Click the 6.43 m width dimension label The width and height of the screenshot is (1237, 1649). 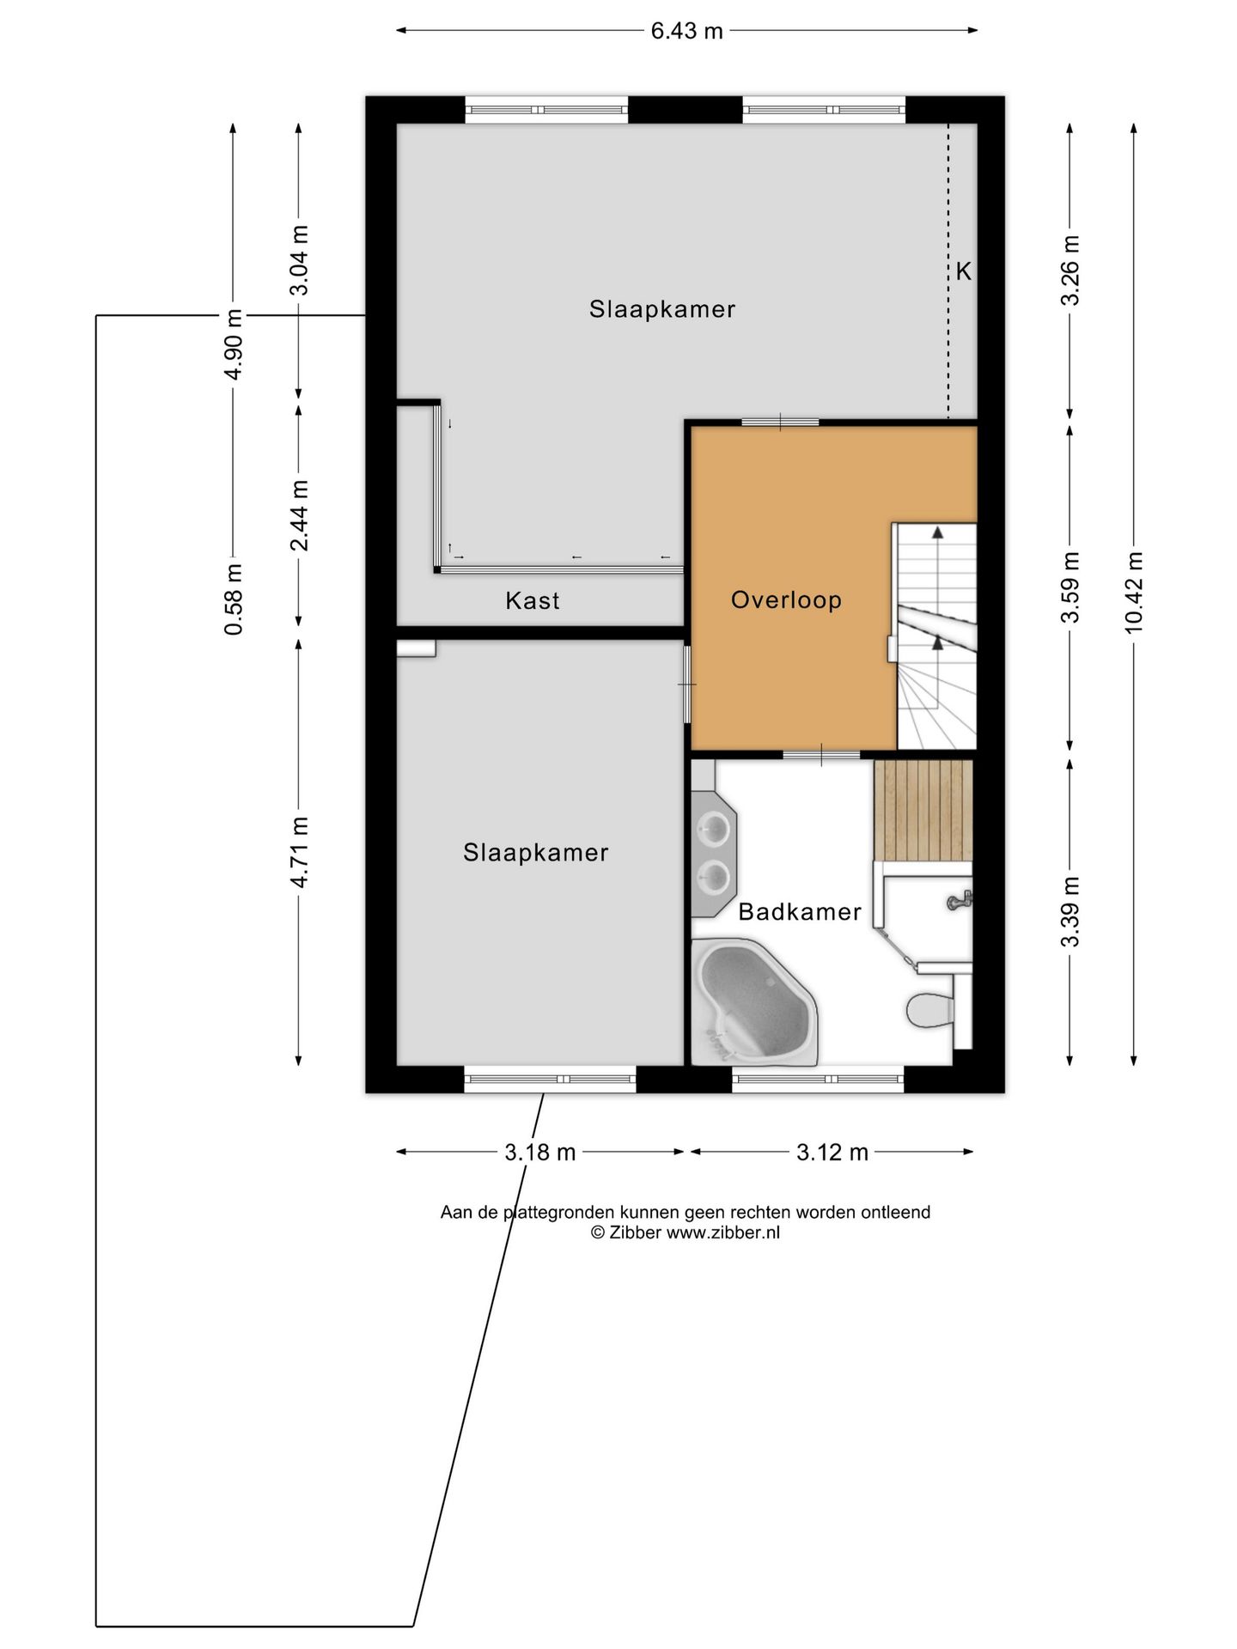click(686, 32)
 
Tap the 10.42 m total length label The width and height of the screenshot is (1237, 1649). click(1135, 592)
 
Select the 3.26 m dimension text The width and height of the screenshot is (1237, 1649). click(1070, 271)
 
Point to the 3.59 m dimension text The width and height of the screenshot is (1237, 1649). click(1070, 587)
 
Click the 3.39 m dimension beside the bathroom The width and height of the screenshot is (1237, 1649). click(1070, 911)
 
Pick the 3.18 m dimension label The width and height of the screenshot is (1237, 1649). click(540, 1153)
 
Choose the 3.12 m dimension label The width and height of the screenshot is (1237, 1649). click(832, 1153)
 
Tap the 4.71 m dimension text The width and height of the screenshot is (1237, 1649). click(299, 852)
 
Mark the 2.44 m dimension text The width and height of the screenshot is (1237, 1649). click(299, 515)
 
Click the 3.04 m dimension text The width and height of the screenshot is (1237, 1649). click(299, 260)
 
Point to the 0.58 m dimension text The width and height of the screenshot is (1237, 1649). click(234, 599)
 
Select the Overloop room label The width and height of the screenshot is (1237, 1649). click(786, 599)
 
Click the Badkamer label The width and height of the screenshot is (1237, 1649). click(800, 911)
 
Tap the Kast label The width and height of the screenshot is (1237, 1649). click(533, 600)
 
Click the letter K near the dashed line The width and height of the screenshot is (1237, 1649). click(964, 271)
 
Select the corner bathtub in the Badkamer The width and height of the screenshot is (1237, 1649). click(754, 1002)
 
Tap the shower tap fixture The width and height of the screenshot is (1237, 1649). click(960, 901)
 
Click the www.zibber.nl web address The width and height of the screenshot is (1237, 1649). click(723, 1232)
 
